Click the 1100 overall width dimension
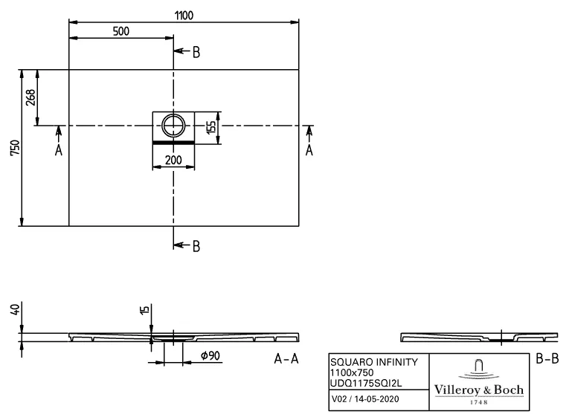click(184, 15)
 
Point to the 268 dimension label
click(30, 97)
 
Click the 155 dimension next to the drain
click(211, 126)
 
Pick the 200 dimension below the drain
click(173, 159)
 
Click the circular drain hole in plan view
click(173, 124)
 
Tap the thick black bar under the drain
click(173, 140)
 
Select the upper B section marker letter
click(196, 52)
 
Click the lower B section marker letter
click(196, 247)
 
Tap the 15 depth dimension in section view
click(146, 310)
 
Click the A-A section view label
click(286, 360)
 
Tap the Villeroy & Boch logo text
click(478, 390)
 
